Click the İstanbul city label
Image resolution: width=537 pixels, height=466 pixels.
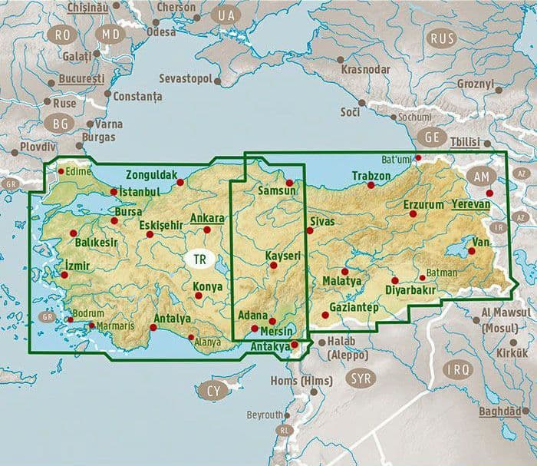point(140,190)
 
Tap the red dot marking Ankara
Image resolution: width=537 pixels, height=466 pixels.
point(206,230)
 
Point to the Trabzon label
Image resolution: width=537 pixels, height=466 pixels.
point(371,177)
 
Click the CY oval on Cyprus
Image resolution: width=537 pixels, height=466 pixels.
point(213,392)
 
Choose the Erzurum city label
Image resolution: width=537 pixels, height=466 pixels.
point(423,205)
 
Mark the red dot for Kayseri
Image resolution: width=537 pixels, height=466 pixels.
point(273,266)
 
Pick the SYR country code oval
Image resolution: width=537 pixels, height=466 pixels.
point(358,378)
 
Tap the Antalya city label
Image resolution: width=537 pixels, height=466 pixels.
point(172,319)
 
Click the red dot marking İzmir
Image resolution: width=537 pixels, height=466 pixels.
point(64,275)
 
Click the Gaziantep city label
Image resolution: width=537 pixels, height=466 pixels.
point(354,307)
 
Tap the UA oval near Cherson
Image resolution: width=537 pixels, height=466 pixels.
point(226,15)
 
